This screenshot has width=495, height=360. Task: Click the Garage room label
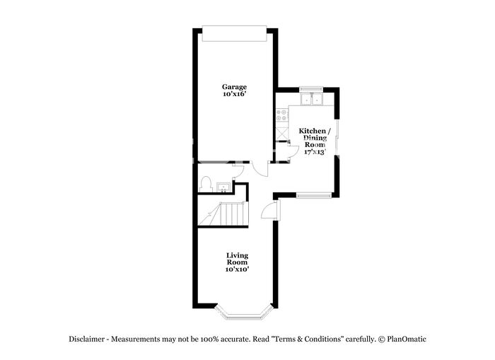point(234,87)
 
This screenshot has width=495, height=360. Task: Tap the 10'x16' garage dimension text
point(234,94)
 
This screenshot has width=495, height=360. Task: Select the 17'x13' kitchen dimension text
point(315,152)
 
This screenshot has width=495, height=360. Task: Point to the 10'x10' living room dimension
point(237,269)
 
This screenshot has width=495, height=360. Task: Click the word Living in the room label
point(237,255)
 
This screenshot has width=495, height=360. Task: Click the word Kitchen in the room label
point(313,131)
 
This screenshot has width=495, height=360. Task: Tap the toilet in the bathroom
point(206,184)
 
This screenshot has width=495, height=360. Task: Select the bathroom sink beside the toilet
point(224,187)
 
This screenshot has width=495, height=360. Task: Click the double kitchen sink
point(311,99)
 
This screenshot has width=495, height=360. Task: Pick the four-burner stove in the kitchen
point(282,115)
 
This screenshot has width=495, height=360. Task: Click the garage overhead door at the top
point(234,33)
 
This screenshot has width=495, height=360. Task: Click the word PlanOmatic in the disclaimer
point(407,339)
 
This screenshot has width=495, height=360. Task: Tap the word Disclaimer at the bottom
point(86,339)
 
